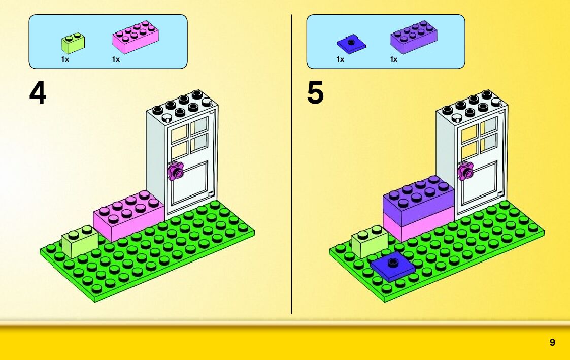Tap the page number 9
552,343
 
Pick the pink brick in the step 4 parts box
136,37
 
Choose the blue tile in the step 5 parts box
351,43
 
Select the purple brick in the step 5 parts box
414,37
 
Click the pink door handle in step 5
465,171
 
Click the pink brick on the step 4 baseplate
128,216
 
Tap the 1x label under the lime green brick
65,59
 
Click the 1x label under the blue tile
340,59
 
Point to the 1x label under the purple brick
394,59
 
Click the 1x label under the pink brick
116,59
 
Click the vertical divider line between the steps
292,162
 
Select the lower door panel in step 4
191,185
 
